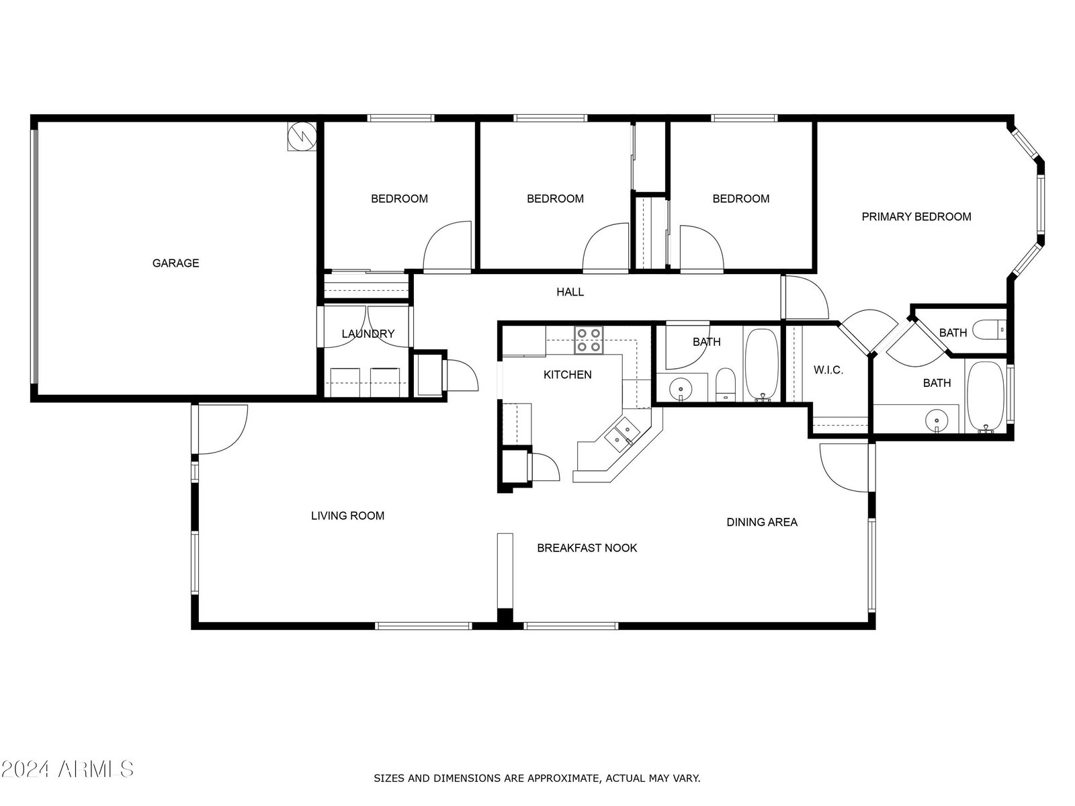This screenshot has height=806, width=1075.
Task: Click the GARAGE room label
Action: (x=175, y=263)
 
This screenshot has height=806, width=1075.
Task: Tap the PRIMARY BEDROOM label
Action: (x=916, y=217)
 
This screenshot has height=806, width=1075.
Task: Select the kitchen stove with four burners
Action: (x=589, y=340)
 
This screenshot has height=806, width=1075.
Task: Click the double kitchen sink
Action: (x=621, y=435)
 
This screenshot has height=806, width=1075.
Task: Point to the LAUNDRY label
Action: (x=368, y=334)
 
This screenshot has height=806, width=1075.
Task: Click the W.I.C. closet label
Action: (x=828, y=370)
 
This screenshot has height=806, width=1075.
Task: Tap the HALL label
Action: (x=570, y=292)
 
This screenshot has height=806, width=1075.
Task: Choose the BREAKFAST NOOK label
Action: (x=587, y=548)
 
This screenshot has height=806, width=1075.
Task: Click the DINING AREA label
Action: (x=761, y=522)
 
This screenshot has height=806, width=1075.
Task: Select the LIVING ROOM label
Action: (x=348, y=516)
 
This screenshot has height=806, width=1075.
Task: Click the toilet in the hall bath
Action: (x=725, y=385)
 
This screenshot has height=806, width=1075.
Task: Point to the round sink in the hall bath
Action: (x=681, y=390)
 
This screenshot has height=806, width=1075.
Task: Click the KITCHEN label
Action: (x=567, y=375)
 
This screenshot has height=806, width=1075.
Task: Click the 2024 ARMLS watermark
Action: (x=67, y=769)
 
